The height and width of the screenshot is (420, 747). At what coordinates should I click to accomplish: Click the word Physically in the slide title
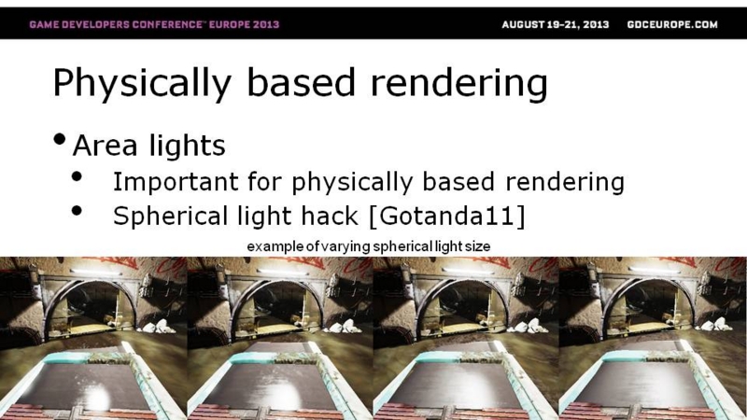coord(142,84)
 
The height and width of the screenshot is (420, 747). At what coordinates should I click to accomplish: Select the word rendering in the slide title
coord(458,84)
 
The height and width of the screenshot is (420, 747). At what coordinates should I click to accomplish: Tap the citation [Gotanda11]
coord(447,216)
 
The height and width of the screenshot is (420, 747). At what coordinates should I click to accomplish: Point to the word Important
coord(176,182)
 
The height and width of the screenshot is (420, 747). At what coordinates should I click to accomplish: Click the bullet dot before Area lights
coord(60,139)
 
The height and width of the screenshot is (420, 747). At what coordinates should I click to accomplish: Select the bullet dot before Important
coord(77,176)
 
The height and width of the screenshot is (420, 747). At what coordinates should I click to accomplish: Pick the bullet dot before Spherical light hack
coord(77,211)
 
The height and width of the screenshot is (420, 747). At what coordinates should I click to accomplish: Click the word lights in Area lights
coord(187,145)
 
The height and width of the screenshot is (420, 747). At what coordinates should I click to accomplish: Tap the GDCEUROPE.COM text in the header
coord(672,25)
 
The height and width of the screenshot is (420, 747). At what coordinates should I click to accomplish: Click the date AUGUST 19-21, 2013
coord(555,25)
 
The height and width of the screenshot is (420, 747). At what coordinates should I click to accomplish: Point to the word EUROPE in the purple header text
coord(227,24)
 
